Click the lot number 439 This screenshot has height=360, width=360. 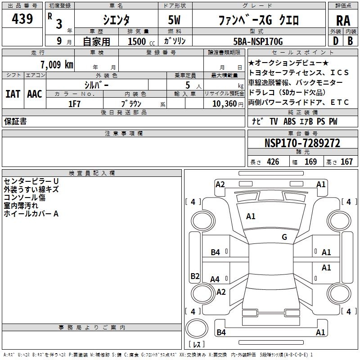click(22, 18)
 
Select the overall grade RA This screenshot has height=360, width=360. click(343, 21)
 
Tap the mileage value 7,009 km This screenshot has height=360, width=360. click(57, 64)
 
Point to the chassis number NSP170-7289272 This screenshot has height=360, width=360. click(302, 143)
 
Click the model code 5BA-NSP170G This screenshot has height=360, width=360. click(258, 41)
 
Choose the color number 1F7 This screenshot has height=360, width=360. click(74, 104)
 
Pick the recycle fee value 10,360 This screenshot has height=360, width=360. click(225, 104)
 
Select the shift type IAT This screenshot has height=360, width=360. click(13, 94)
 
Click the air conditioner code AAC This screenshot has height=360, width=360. click(35, 94)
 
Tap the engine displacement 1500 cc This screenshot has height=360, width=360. click(141, 41)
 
